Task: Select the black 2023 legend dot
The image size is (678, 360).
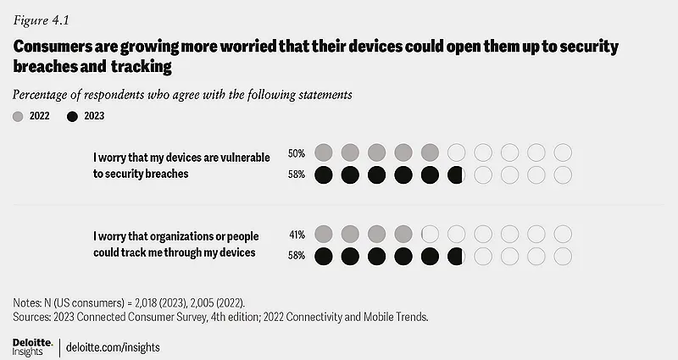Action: point(73,115)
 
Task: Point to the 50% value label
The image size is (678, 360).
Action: point(297,153)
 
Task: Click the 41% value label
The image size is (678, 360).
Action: point(297,234)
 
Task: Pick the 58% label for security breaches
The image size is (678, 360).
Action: point(297,176)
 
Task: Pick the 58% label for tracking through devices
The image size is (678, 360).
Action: point(297,256)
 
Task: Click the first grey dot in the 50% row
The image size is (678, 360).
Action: point(323,153)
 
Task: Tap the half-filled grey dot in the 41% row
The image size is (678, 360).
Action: point(430,234)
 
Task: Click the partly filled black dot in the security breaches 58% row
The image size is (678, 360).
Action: point(456,176)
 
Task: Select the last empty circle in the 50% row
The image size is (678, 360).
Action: point(564,153)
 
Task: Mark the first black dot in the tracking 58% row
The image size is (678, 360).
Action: point(323,256)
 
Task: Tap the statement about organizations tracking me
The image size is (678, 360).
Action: point(175,244)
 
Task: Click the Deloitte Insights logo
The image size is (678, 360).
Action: point(32,347)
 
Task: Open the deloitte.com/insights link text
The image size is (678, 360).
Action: point(114,348)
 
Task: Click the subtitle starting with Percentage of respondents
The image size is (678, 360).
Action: point(182,95)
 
